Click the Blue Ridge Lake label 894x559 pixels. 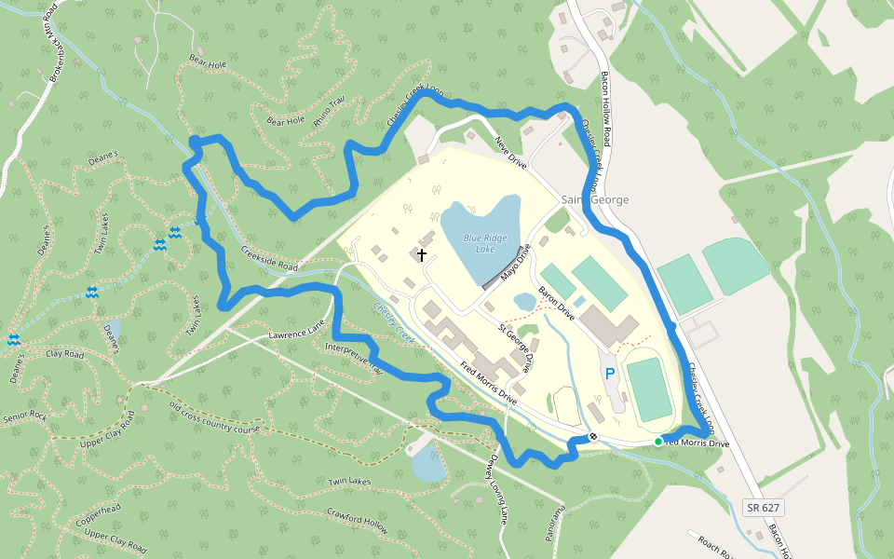(x=484, y=243)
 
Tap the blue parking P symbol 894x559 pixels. (x=611, y=374)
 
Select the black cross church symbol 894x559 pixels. (x=422, y=254)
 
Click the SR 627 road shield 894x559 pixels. (x=763, y=508)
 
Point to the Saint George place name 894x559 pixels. (x=595, y=200)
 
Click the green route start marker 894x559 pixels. (x=658, y=442)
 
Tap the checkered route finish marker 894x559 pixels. (x=593, y=436)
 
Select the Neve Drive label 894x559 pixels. (x=510, y=152)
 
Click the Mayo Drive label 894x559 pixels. (x=515, y=263)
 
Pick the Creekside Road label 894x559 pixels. (x=268, y=260)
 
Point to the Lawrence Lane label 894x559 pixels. (x=296, y=331)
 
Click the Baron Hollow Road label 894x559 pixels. (x=605, y=107)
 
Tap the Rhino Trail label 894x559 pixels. (x=330, y=113)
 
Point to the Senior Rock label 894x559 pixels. (x=25, y=416)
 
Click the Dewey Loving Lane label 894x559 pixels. (x=495, y=489)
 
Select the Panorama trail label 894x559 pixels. (x=556, y=522)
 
